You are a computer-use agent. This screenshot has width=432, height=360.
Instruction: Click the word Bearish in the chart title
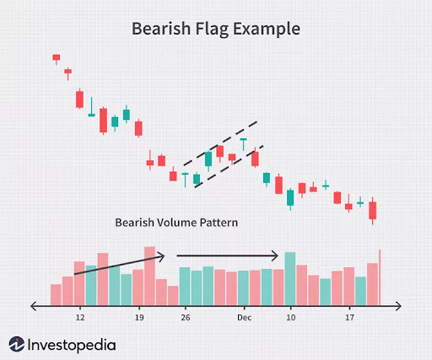coord(159,28)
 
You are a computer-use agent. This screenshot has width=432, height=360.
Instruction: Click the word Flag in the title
coord(208,28)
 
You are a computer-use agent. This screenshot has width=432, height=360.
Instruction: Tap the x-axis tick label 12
coord(80,318)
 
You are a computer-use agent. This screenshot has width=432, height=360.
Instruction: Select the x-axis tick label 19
coord(139,318)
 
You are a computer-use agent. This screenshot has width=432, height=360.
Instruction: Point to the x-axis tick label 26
coord(185,318)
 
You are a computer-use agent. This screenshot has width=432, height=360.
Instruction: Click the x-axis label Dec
coord(244,318)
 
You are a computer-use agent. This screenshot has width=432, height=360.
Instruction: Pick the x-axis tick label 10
coord(291,318)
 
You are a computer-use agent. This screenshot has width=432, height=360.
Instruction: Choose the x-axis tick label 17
coord(349,318)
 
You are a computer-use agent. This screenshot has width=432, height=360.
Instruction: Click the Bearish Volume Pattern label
coord(176,223)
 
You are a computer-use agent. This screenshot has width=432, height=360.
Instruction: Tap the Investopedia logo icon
coord(16,344)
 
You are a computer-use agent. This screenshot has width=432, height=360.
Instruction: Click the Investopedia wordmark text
coord(71,344)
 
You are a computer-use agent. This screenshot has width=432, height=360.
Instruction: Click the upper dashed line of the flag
coord(219,142)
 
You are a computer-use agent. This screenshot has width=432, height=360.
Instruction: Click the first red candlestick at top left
coord(57,57)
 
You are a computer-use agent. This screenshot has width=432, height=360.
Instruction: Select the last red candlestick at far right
coord(372,210)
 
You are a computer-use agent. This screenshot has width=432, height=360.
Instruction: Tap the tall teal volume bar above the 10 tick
coord(290,277)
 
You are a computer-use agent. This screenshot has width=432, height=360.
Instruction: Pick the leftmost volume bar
coord(56,293)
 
